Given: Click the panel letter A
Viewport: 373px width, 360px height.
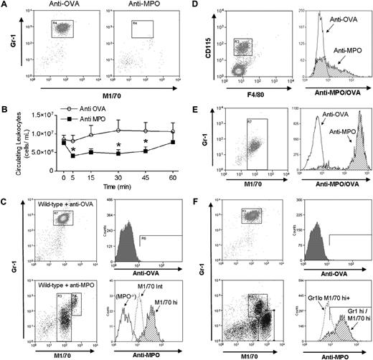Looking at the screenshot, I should click(5, 6).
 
